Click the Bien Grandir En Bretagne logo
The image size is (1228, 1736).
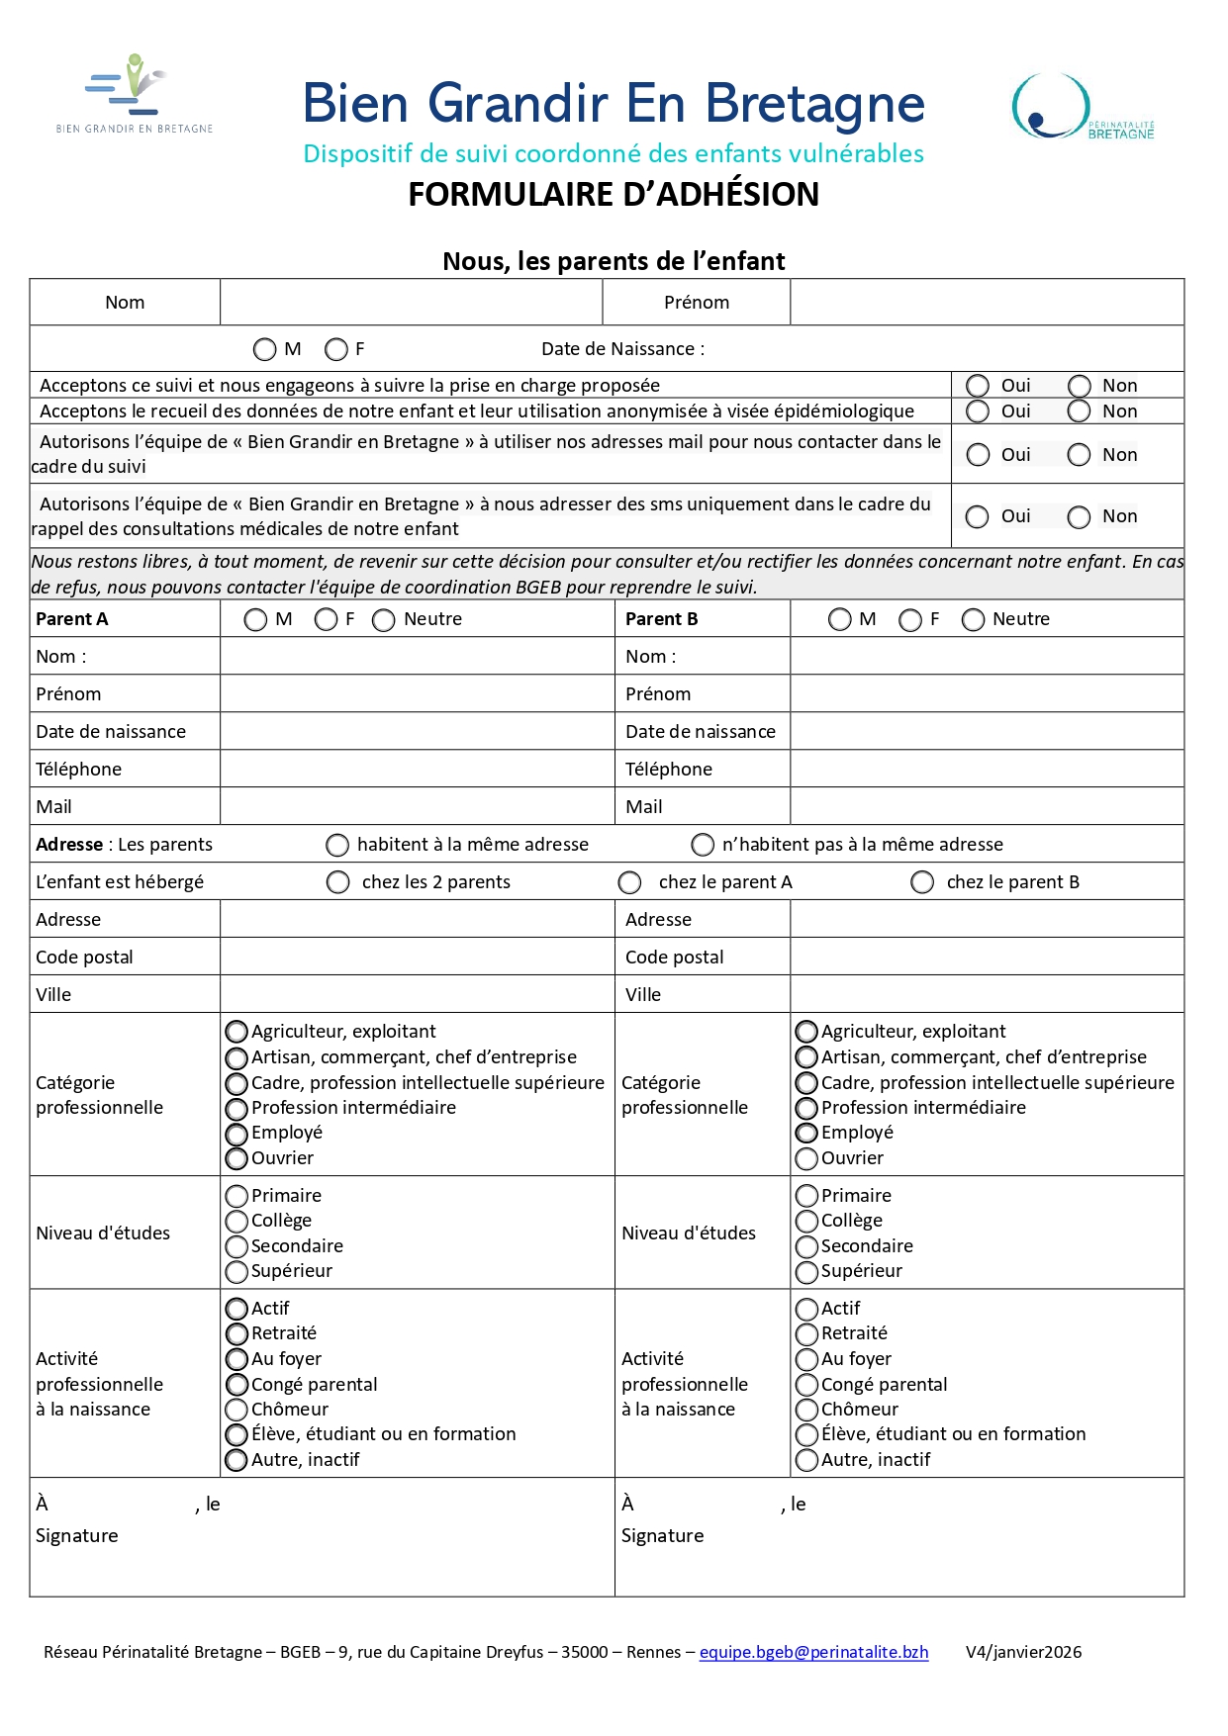(134, 94)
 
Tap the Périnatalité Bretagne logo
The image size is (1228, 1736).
(1082, 107)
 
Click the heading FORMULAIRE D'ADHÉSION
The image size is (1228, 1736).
(614, 195)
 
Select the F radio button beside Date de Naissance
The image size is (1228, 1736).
(336, 349)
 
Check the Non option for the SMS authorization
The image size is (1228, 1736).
(1079, 516)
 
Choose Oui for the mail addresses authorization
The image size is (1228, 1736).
(978, 455)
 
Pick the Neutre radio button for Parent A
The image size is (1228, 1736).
(384, 620)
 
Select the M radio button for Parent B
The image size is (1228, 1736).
(840, 620)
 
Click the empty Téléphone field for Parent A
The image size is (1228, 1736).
(417, 769)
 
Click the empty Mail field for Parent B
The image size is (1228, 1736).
(987, 806)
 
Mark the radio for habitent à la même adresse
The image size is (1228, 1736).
(337, 845)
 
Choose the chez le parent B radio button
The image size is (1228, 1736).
(922, 882)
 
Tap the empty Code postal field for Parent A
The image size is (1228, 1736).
(417, 957)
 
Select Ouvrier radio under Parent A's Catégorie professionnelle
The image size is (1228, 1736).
(236, 1158)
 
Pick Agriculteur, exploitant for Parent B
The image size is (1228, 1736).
(806, 1032)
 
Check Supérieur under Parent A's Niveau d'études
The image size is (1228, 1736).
(236, 1271)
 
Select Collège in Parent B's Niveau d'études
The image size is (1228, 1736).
(806, 1222)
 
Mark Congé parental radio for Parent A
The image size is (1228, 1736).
(236, 1385)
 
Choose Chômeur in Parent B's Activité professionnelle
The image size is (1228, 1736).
(806, 1410)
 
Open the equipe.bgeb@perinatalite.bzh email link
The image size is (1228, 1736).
(813, 1652)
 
